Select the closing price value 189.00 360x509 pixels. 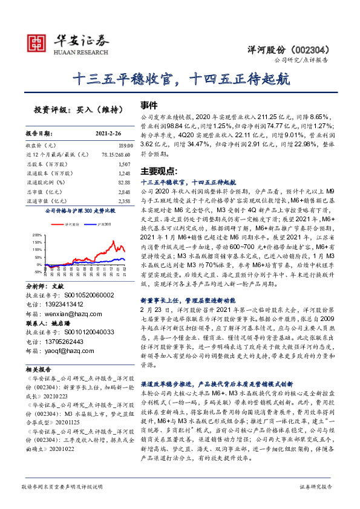tap(124, 146)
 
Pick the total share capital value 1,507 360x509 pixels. tap(123, 164)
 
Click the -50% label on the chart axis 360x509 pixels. tap(38, 271)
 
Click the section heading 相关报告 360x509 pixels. tap(39, 368)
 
